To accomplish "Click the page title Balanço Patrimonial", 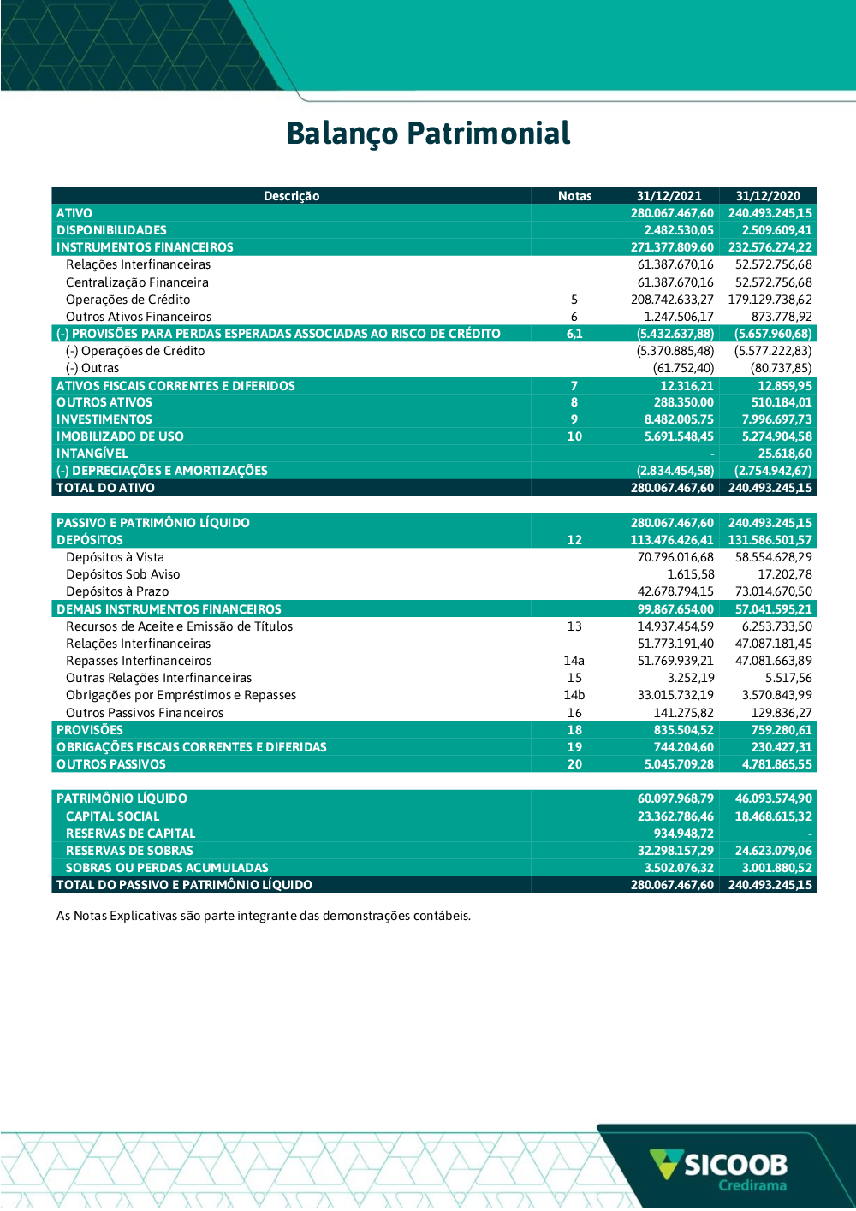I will click(x=428, y=134).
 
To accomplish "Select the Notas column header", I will click(x=574, y=196).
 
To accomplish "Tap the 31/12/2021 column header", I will click(x=669, y=196).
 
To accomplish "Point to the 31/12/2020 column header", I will click(x=768, y=196).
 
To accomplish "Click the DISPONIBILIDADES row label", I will click(x=111, y=230).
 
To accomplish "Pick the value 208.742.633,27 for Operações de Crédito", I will click(x=672, y=300).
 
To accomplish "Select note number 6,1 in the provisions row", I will click(x=574, y=334).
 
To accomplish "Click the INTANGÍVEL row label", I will click(x=92, y=454).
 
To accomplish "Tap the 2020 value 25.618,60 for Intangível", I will click(x=785, y=454).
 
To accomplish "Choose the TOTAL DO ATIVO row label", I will click(x=105, y=488).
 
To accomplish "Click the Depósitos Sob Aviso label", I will click(x=122, y=574).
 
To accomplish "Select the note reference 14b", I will click(x=574, y=695).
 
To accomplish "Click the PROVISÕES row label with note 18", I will click(x=90, y=730).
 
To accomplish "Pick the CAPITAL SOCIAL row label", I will click(x=112, y=816).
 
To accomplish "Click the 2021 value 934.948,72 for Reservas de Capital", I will click(x=683, y=834).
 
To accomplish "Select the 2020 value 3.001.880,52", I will click(x=773, y=868).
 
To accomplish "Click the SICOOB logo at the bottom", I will click(x=719, y=1164).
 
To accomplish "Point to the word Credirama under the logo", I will click(x=752, y=1186).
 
